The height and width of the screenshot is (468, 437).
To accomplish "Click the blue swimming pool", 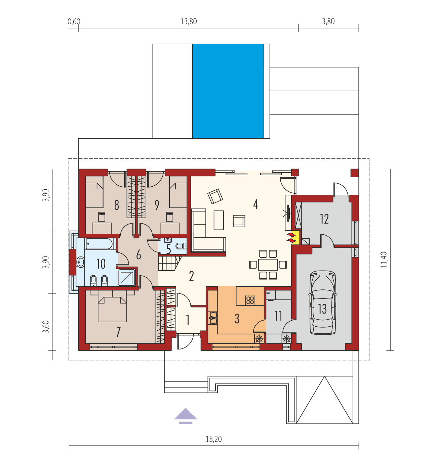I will click(x=228, y=91).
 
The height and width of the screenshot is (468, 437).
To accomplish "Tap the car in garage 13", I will click(x=323, y=303).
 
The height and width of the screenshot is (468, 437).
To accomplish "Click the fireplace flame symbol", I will click(x=291, y=237).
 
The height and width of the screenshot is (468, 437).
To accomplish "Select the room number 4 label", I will click(x=255, y=204).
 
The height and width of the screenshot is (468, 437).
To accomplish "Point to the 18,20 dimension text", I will click(x=214, y=439).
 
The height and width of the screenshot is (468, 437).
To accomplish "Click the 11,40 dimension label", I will click(x=384, y=260).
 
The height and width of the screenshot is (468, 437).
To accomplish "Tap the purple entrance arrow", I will click(x=186, y=415).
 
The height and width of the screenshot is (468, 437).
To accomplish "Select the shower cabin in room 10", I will click(x=127, y=277).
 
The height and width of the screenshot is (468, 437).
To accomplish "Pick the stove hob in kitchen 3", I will click(x=250, y=300).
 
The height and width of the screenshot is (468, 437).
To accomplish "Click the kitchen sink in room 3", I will click(x=213, y=318).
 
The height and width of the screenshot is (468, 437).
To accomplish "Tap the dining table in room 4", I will click(x=268, y=265).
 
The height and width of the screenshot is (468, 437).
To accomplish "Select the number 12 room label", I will click(x=324, y=219).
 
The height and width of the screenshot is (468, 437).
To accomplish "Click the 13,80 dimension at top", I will click(x=189, y=22).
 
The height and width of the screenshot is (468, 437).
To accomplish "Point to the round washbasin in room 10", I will click(x=81, y=262).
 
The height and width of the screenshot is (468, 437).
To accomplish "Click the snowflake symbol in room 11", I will click(x=286, y=339).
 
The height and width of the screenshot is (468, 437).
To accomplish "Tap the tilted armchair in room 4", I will click(x=215, y=196).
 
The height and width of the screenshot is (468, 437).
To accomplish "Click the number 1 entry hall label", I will click(x=188, y=320).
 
